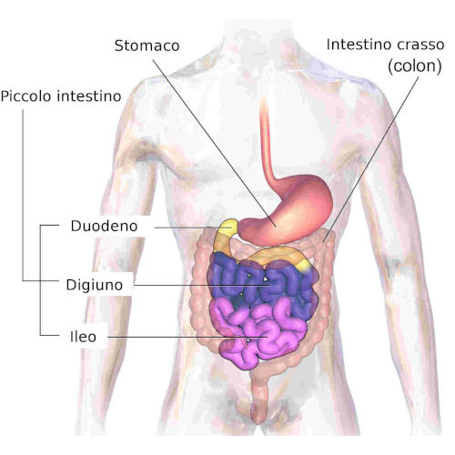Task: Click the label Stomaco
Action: click(147, 45)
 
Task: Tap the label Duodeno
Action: click(104, 226)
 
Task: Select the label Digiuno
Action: click(95, 285)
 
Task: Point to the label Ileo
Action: click(83, 337)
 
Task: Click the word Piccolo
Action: click(25, 96)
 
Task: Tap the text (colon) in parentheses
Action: click(415, 66)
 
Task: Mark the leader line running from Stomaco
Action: click(214, 143)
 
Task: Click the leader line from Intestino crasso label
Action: click(371, 159)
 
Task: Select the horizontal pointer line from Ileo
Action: click(188, 337)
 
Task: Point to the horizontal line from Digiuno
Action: click(203, 285)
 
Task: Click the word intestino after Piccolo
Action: click(89, 96)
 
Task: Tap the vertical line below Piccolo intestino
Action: click(23, 195)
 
